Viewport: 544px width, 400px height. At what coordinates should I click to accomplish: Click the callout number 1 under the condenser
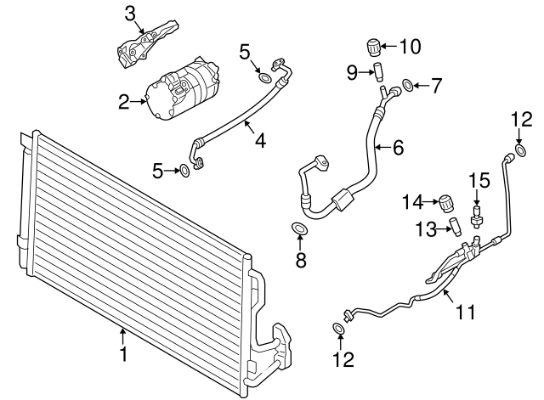tap(123, 353)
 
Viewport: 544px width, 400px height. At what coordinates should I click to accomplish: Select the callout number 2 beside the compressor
tap(124, 102)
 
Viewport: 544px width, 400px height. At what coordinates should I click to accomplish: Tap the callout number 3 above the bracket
tap(129, 14)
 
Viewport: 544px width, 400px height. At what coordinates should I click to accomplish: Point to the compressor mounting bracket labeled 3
tap(147, 45)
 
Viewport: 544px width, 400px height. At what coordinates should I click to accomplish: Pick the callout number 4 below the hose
tap(260, 140)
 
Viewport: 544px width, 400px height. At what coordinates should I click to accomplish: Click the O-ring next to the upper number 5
tap(265, 78)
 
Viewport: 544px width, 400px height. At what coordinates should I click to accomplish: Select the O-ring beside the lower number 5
tap(184, 171)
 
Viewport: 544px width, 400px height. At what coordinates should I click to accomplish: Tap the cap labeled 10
tap(374, 48)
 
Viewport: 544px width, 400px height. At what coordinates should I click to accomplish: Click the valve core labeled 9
tap(377, 71)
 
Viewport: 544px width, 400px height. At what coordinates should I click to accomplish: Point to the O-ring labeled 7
tap(408, 85)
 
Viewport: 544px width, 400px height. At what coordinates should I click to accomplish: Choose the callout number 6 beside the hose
tap(399, 147)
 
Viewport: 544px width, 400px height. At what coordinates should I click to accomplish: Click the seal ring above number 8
tap(299, 228)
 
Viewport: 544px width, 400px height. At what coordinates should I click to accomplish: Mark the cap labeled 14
tap(446, 203)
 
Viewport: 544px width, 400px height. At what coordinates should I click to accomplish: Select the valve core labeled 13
tap(455, 227)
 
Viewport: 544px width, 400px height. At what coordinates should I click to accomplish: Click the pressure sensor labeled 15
tap(477, 215)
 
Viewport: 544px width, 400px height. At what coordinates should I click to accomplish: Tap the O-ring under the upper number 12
tap(520, 151)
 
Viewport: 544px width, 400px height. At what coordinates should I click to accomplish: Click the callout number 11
tap(465, 312)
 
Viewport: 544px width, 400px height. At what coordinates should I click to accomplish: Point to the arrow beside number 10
tap(389, 46)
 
